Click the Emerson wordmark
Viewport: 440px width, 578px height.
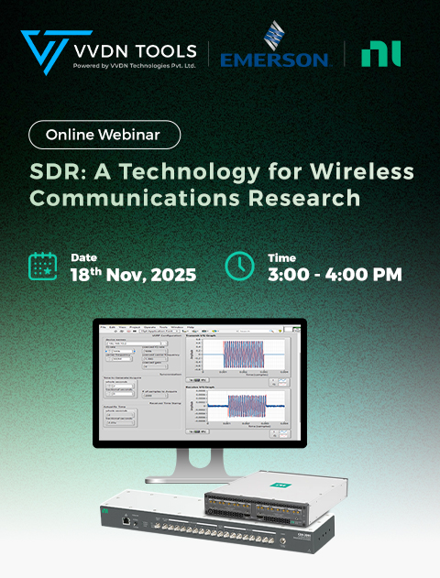(x=274, y=59)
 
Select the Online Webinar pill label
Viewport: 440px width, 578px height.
(x=104, y=135)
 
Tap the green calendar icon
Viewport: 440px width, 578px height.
(x=44, y=267)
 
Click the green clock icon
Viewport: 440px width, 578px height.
(x=239, y=267)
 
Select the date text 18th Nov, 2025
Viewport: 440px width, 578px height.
(x=133, y=275)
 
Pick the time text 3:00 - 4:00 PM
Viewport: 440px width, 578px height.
(x=335, y=275)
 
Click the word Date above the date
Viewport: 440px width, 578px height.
(x=84, y=257)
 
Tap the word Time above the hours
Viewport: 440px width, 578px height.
(x=282, y=257)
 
